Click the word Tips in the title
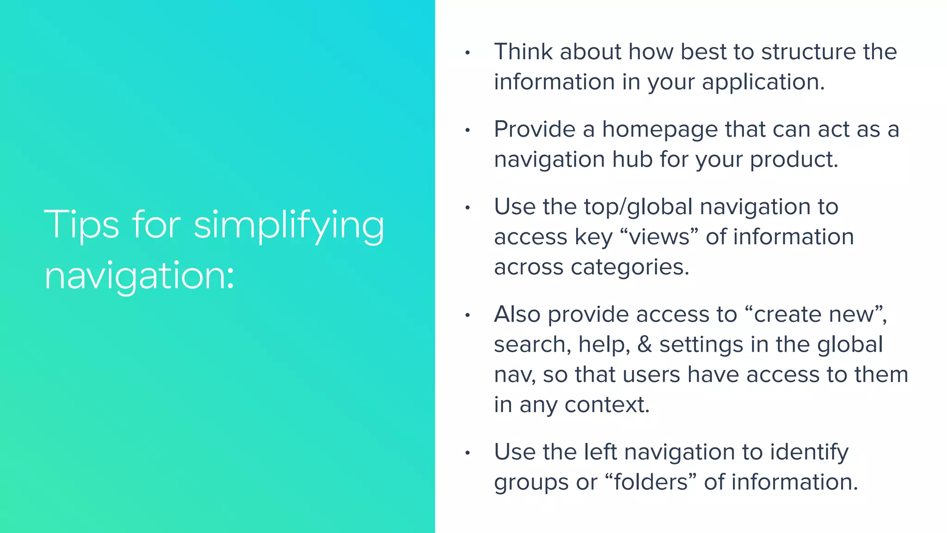pyautogui.click(x=81, y=225)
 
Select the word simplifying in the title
pyautogui.click(x=289, y=226)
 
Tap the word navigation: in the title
pyautogui.click(x=139, y=276)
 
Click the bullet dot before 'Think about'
pyautogui.click(x=467, y=53)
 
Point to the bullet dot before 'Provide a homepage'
pyautogui.click(x=467, y=131)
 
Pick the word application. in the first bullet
pyautogui.click(x=763, y=82)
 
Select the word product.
pyautogui.click(x=793, y=160)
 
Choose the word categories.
pyautogui.click(x=630, y=267)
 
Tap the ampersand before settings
pyautogui.click(x=645, y=345)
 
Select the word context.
pyautogui.click(x=607, y=405)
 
